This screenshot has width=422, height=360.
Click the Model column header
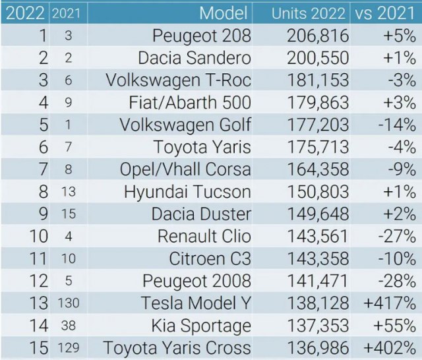click(x=224, y=13)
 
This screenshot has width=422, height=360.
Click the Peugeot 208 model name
click(x=201, y=36)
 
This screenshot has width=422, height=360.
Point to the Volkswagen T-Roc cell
click(x=178, y=80)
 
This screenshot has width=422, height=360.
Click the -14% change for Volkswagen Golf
click(x=400, y=125)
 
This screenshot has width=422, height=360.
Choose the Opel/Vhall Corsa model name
click(x=185, y=170)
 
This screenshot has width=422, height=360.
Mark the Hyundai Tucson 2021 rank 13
click(x=68, y=193)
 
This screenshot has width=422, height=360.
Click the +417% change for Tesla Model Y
click(x=393, y=303)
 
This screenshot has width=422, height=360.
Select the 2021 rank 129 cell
click(x=68, y=348)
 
